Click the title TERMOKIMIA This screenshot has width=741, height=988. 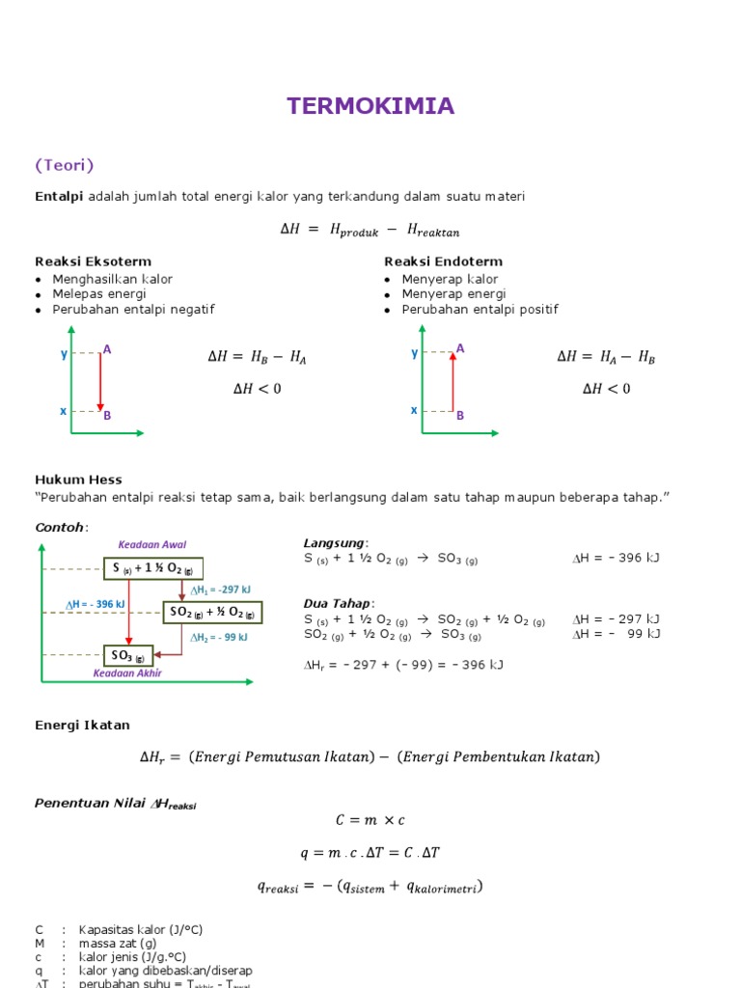point(370,106)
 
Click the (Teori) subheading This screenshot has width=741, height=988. point(65,165)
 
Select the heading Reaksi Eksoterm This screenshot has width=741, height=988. point(94,261)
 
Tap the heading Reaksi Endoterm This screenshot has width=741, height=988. point(443,261)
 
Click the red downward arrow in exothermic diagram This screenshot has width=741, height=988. point(99,381)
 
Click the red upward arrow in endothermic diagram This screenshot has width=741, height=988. point(452,381)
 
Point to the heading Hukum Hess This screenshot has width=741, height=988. point(78,480)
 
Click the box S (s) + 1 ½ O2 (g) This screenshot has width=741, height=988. point(153,568)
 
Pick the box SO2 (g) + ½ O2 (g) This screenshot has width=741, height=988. point(212,612)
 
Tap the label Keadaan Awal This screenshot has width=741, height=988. point(152,545)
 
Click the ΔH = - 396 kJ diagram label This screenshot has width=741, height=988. point(96,604)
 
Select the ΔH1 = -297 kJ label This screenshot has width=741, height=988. point(220,590)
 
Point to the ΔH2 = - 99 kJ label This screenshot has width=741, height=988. point(219,638)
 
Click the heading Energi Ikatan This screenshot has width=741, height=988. point(82,725)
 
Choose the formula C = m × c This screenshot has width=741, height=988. point(370,819)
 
